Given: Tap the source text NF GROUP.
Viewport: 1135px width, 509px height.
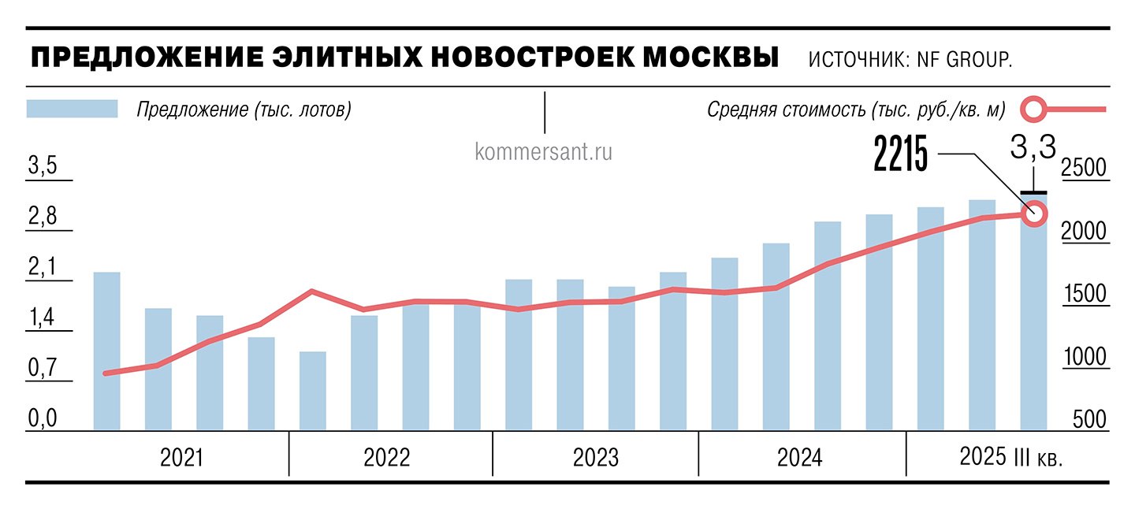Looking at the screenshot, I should (x=964, y=60).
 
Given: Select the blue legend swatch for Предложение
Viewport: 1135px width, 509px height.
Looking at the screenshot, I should (x=72, y=109).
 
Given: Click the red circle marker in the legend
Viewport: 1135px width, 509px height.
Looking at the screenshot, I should (x=1035, y=109).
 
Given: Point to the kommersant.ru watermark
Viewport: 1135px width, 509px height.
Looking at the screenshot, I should (x=544, y=150).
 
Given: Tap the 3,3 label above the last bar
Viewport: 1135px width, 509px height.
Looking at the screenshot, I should (x=1033, y=147).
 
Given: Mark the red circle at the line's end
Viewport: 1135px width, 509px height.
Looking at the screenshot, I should (x=1034, y=213).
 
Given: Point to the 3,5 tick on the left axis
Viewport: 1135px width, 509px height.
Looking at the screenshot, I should (x=43, y=167).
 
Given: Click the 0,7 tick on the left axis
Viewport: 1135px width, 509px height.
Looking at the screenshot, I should (x=43, y=368).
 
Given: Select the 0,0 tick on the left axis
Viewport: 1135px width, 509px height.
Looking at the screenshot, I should (x=43, y=418).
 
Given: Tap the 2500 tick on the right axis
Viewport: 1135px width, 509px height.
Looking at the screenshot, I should (x=1085, y=168).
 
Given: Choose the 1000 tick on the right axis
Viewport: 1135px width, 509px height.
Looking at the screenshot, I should (x=1085, y=357).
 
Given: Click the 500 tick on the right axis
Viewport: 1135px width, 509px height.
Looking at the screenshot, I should (x=1090, y=419).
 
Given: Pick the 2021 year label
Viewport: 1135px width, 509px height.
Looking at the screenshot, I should (x=181, y=458).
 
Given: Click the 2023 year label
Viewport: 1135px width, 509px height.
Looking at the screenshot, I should (x=596, y=458).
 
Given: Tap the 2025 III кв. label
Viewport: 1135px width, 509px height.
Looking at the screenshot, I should (x=1010, y=457).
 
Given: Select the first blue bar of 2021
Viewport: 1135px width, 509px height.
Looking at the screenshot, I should (x=107, y=351).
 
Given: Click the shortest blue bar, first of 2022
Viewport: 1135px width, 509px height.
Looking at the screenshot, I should (x=313, y=391).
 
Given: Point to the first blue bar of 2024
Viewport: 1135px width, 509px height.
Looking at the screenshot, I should (x=724, y=344).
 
